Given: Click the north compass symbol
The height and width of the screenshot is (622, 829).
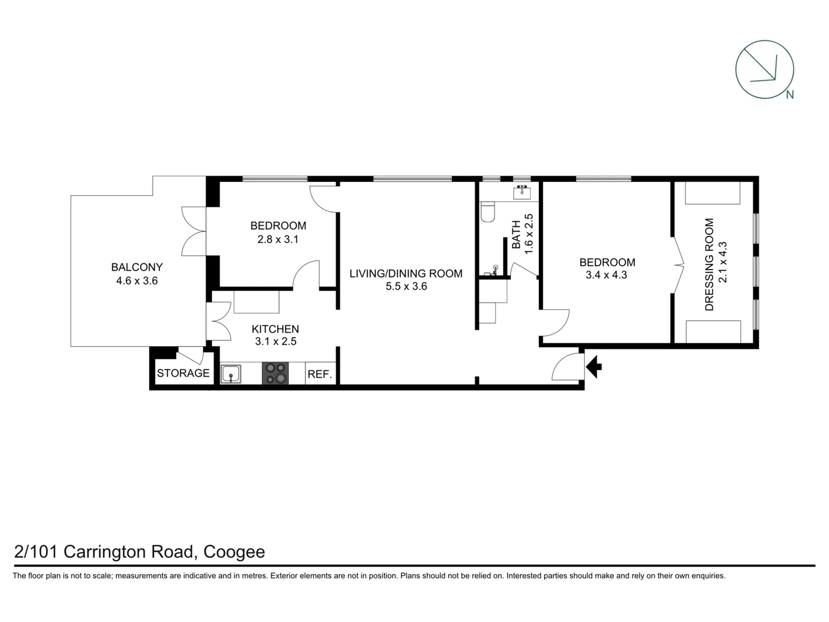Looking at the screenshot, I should [x=765, y=69].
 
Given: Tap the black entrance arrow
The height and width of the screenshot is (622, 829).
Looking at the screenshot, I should [x=594, y=366].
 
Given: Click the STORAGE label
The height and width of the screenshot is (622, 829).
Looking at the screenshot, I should [x=183, y=373].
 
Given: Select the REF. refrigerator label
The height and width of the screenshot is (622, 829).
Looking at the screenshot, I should [x=320, y=374].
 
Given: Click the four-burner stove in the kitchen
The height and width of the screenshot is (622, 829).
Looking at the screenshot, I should [x=275, y=373].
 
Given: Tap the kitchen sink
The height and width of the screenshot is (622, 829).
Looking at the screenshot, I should [x=231, y=374].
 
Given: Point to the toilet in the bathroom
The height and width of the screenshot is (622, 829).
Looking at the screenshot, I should [x=487, y=211].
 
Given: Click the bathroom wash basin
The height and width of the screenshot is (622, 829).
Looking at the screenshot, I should [x=522, y=192].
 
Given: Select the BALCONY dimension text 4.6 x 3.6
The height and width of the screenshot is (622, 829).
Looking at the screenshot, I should [x=137, y=281].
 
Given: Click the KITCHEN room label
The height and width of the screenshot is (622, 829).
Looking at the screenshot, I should [x=275, y=329].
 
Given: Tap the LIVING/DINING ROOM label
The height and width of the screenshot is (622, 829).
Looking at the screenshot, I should [x=406, y=274].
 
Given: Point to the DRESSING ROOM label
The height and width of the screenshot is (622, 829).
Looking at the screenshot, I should [x=709, y=264].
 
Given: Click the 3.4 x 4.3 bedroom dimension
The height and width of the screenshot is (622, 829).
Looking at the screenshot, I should [x=606, y=275].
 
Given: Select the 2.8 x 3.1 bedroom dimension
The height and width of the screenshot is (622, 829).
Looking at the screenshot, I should [x=277, y=239].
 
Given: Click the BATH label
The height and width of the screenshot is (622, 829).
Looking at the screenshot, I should [x=516, y=234].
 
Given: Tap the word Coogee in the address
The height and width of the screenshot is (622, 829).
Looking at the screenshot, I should [x=234, y=552].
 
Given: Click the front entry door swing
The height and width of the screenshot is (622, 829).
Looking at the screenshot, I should [x=566, y=367].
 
